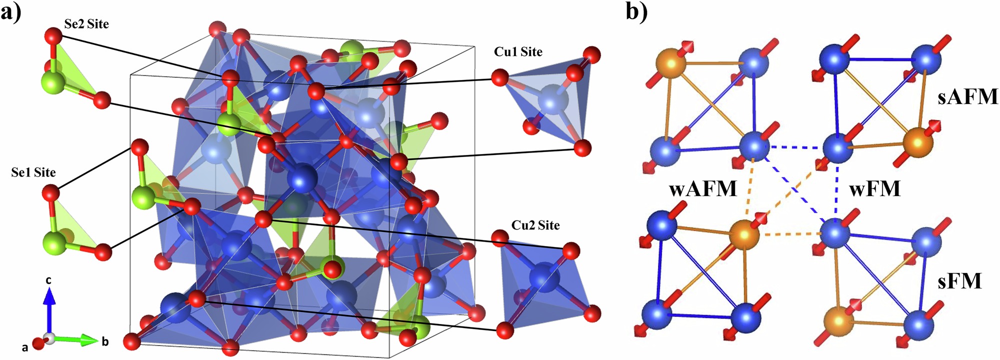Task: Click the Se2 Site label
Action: (x=86, y=24)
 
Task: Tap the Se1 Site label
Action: (x=33, y=172)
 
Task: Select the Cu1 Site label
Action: (x=518, y=51)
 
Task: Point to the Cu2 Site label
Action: (x=535, y=225)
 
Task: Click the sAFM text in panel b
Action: (x=967, y=96)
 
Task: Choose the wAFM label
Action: (x=703, y=188)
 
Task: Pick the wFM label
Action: (x=875, y=188)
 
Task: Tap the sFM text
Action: (x=959, y=281)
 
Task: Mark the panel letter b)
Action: (x=636, y=12)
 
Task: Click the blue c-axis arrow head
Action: (x=48, y=296)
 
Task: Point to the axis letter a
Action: (x=24, y=347)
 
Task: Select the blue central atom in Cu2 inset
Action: (x=543, y=279)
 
